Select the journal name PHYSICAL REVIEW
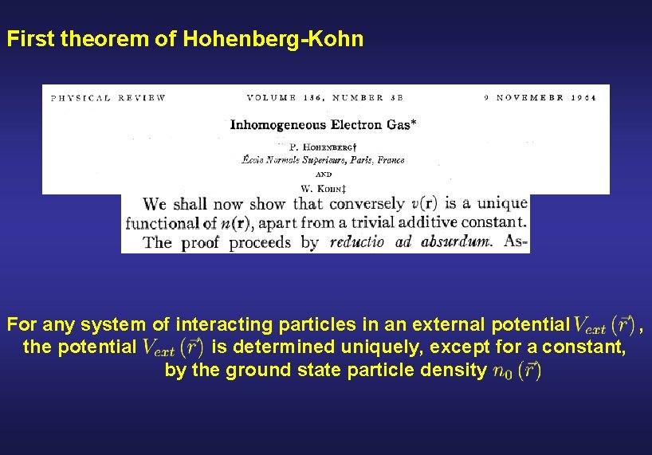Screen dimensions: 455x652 coord(108,98)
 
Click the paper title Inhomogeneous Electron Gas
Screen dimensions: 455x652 coord(324,124)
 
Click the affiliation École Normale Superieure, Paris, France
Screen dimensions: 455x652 coord(323,160)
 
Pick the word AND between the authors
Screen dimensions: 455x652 coord(324,174)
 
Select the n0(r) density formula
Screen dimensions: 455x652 coord(517,371)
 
